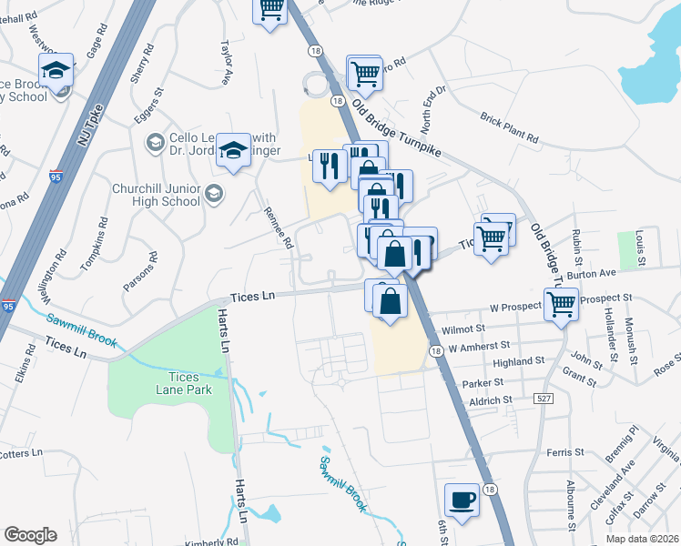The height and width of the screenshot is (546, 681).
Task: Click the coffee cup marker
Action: pos(462,500)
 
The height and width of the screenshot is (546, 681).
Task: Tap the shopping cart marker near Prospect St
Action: pos(561,305)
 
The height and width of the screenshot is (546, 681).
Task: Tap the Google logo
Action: pos(30,535)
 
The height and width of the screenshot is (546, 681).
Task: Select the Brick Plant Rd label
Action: pos(510,128)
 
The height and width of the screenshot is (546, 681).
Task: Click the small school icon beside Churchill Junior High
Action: pos(213,192)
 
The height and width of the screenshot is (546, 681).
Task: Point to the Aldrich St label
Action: pos(491,400)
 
